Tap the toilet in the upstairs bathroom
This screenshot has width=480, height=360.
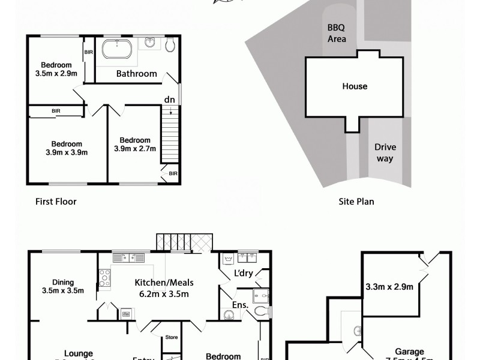[170, 44]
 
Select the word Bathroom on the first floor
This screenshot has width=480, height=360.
[136, 74]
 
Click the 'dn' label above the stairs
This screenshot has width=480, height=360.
[169, 100]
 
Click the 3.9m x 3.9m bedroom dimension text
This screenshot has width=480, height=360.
[66, 152]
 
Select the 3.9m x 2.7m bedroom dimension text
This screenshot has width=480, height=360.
[135, 149]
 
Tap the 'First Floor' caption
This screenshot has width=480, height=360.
[56, 202]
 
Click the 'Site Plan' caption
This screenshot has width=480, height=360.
[356, 202]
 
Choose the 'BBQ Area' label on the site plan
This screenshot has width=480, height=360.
[337, 34]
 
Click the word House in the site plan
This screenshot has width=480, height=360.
[355, 86]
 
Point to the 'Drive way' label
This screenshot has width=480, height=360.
[385, 153]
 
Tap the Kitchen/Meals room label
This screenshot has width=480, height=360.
[164, 283]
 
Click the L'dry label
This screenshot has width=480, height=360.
[243, 274]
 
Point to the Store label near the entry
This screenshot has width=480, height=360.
[172, 338]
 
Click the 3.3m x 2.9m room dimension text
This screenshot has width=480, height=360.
[389, 287]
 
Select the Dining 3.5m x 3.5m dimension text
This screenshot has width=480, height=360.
[62, 291]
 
